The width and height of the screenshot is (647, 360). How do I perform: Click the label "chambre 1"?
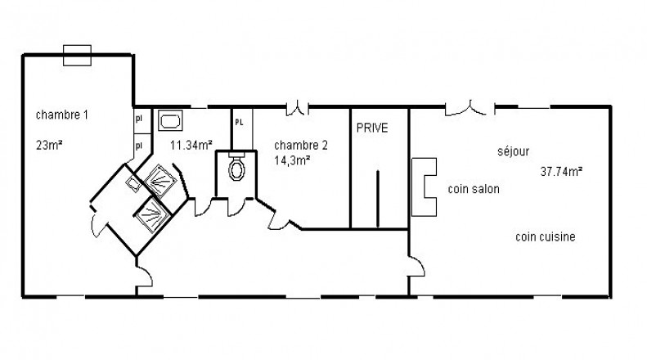pyautogui.click(x=62, y=115)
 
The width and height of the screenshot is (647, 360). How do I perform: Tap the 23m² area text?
pyautogui.click(x=49, y=146)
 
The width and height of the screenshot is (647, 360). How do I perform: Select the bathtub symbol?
pyautogui.click(x=170, y=121)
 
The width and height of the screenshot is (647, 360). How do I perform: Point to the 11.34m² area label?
pyautogui.click(x=191, y=145)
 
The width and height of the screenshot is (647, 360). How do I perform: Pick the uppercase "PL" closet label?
pyautogui.click(x=239, y=123)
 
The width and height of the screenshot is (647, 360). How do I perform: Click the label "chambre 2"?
pyautogui.click(x=301, y=146)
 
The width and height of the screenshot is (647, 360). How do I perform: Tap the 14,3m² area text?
pyautogui.click(x=292, y=160)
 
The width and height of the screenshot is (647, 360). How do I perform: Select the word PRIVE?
pyautogui.click(x=372, y=128)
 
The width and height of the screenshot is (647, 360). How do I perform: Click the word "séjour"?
pyautogui.click(x=514, y=151)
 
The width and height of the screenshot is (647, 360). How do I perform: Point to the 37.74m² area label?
pyautogui.click(x=561, y=171)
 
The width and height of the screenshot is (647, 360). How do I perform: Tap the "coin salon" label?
pyautogui.click(x=474, y=189)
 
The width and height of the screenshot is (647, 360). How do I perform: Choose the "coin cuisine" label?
pyautogui.click(x=545, y=236)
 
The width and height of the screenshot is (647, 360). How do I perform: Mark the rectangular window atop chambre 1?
pyautogui.click(x=77, y=56)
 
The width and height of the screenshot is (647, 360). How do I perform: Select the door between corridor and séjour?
pyautogui.click(x=416, y=266)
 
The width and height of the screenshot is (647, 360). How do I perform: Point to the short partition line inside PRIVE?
pyautogui.click(x=377, y=199)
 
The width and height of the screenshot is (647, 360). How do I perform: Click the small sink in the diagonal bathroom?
pyautogui.click(x=133, y=183)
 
